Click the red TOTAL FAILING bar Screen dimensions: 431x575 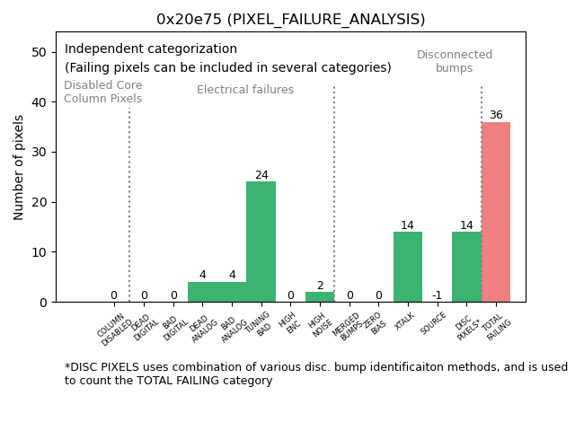click(x=496, y=212)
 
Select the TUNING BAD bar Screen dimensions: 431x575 click(x=261, y=242)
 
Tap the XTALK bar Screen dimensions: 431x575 click(x=408, y=267)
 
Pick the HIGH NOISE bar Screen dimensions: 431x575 click(x=320, y=297)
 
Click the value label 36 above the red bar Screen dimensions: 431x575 click(x=496, y=115)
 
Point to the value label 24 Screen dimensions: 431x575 click(x=261, y=175)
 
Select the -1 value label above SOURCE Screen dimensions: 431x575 click(x=437, y=295)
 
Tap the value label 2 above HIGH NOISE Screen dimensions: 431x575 click(x=320, y=286)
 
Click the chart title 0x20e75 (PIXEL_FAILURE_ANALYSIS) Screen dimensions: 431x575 click(x=290, y=19)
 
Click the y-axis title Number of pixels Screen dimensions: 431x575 click(x=19, y=167)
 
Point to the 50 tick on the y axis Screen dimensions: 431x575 click(x=40, y=52)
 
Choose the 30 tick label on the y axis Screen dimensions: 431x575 click(x=40, y=153)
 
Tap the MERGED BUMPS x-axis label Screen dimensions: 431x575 click(x=348, y=327)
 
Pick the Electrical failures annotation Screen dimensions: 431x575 click(x=245, y=90)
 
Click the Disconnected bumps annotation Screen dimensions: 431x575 click(x=455, y=61)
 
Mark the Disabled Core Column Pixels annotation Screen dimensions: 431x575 click(x=102, y=92)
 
